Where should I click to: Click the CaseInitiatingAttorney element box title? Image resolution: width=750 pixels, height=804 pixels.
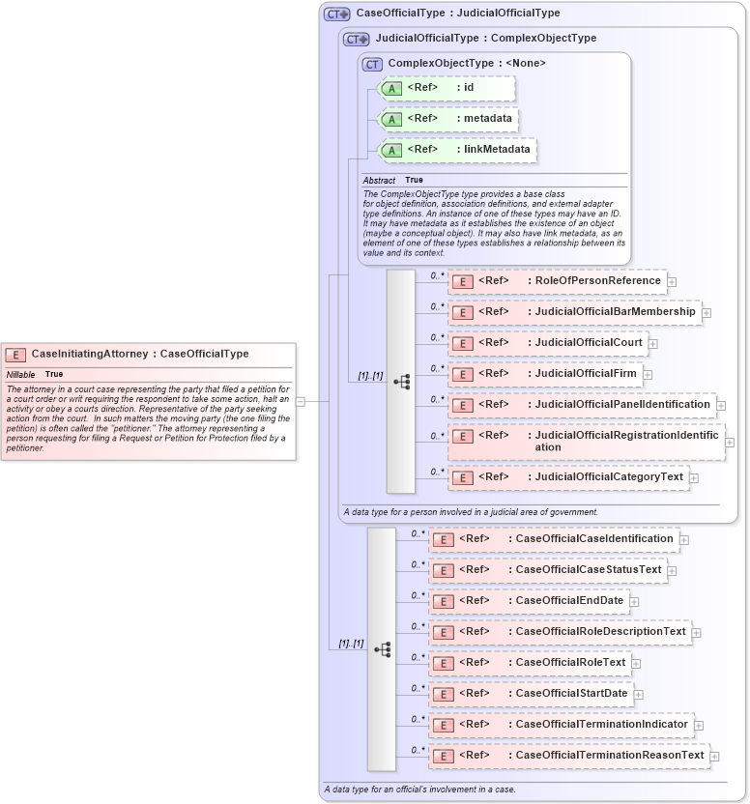tap(139, 354)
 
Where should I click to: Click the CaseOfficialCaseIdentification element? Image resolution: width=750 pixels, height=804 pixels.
tap(553, 539)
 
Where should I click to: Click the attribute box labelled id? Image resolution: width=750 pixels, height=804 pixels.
tap(447, 89)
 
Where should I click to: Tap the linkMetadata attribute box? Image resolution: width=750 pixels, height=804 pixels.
tap(456, 150)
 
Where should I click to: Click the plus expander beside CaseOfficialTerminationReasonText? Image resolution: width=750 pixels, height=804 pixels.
tap(716, 757)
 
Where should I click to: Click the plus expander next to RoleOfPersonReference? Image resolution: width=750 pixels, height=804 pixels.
tap(672, 282)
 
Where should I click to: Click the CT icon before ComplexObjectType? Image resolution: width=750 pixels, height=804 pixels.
tap(372, 64)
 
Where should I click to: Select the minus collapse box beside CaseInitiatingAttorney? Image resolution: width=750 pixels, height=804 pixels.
tap(301, 401)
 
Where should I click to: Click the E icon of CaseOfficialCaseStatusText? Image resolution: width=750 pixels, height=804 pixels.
tap(443, 571)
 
